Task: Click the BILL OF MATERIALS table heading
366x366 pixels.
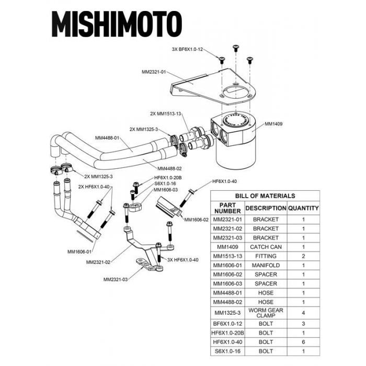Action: click(265, 196)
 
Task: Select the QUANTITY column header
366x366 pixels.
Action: click(303, 208)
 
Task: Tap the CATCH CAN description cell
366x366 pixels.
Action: click(266, 247)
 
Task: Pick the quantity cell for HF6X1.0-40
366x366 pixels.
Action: click(303, 342)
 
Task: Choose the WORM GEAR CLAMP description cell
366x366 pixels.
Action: click(266, 313)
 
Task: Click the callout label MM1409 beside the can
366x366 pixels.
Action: click(273, 124)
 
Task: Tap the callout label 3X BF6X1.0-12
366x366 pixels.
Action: click(187, 49)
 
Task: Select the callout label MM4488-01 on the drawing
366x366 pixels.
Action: click(108, 138)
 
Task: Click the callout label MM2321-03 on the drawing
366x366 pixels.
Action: click(116, 279)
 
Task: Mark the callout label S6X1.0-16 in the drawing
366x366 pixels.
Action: click(164, 184)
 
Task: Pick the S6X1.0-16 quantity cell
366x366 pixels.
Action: click(303, 351)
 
